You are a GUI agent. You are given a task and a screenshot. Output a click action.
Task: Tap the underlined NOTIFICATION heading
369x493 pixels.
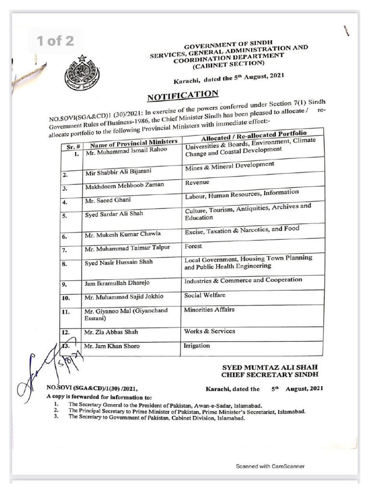tap(183, 95)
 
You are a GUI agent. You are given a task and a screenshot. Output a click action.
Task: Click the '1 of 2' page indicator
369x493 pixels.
tap(56, 41)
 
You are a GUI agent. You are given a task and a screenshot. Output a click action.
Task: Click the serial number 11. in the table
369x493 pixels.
tap(67, 312)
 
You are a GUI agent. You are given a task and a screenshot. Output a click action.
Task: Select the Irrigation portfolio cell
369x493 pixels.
tap(197, 346)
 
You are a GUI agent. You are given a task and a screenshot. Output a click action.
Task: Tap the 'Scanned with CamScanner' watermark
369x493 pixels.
tap(270, 466)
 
